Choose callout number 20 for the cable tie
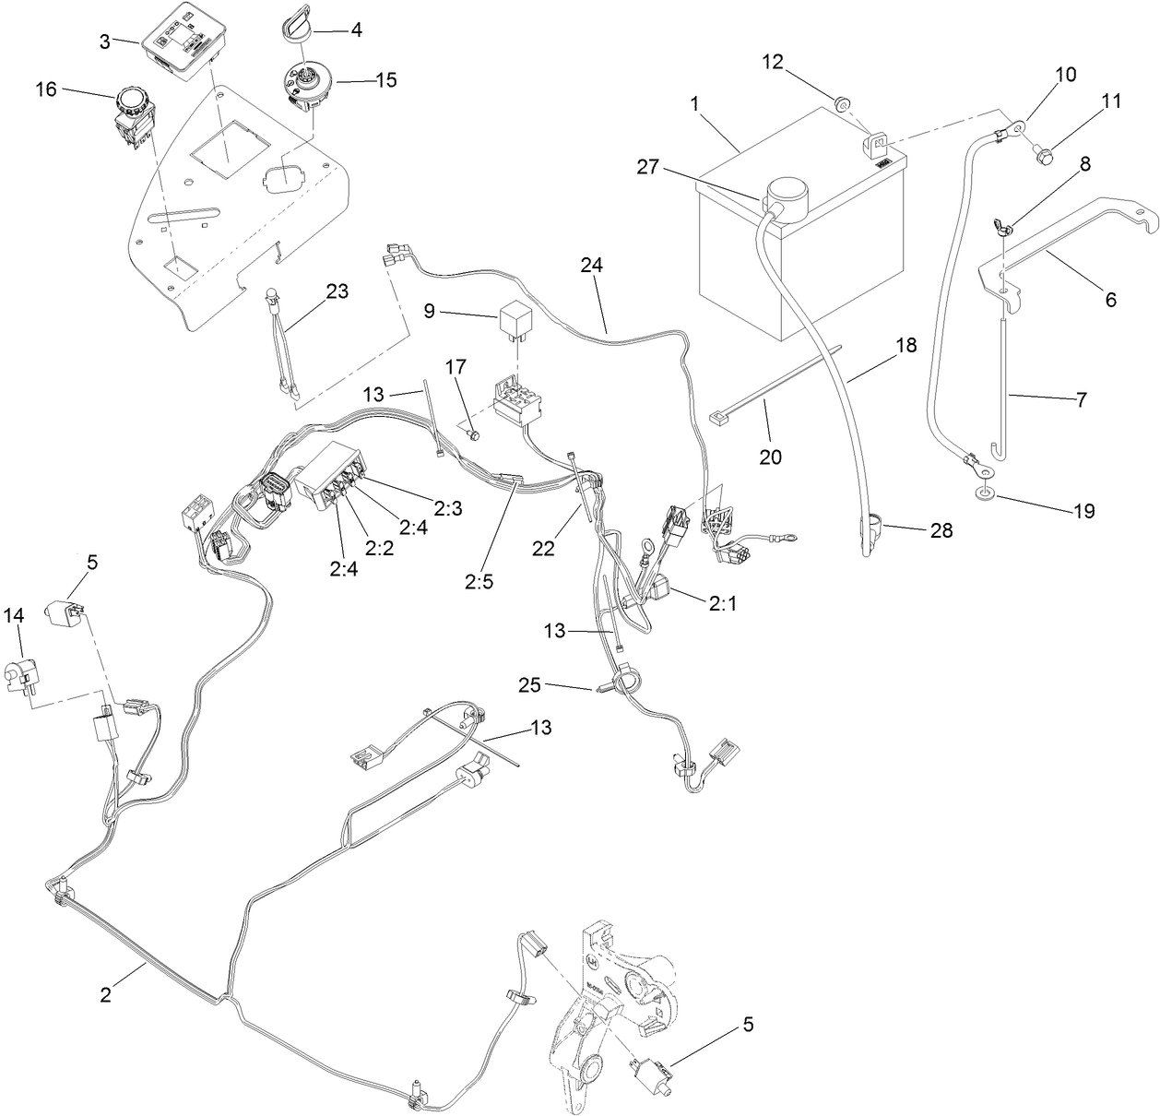click(x=771, y=456)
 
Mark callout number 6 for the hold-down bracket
click(x=1109, y=299)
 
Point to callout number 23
click(x=337, y=292)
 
